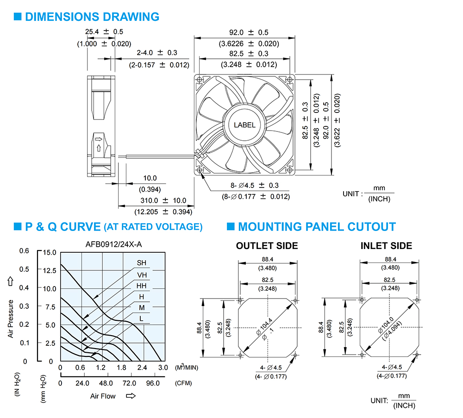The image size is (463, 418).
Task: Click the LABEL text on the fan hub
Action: pyautogui.click(x=244, y=125)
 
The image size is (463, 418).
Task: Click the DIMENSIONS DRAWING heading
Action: pyautogui.click(x=92, y=17)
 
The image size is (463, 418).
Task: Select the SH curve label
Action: pyautogui.click(x=141, y=263)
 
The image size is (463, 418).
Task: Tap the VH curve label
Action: pyautogui.click(x=142, y=275)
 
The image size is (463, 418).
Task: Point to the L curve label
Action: pyautogui.click(x=141, y=318)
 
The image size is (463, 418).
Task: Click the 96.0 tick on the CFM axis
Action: pyautogui.click(x=153, y=383)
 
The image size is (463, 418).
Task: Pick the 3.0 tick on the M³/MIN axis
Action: pyautogui.click(x=163, y=368)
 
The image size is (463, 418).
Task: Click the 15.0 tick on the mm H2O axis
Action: pyautogui.click(x=50, y=252)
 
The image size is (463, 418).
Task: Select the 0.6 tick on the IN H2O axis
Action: pyautogui.click(x=24, y=251)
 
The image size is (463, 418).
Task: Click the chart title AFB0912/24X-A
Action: pyautogui.click(x=114, y=244)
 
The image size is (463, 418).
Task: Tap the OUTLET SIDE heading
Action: pyautogui.click(x=267, y=246)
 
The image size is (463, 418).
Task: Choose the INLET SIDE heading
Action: pyautogui.click(x=386, y=246)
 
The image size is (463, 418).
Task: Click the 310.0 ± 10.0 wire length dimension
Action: pyautogui.click(x=163, y=200)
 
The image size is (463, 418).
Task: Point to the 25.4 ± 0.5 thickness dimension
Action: pyautogui.click(x=104, y=31)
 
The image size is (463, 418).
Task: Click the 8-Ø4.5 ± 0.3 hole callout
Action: pyautogui.click(x=255, y=185)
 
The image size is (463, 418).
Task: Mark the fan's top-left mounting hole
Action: pyautogui.click(x=199, y=80)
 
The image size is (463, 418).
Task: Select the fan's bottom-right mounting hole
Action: pyautogui.click(x=290, y=170)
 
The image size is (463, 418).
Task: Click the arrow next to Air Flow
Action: pyautogui.click(x=131, y=396)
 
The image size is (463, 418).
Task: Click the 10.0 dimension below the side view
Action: pyautogui.click(x=150, y=178)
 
